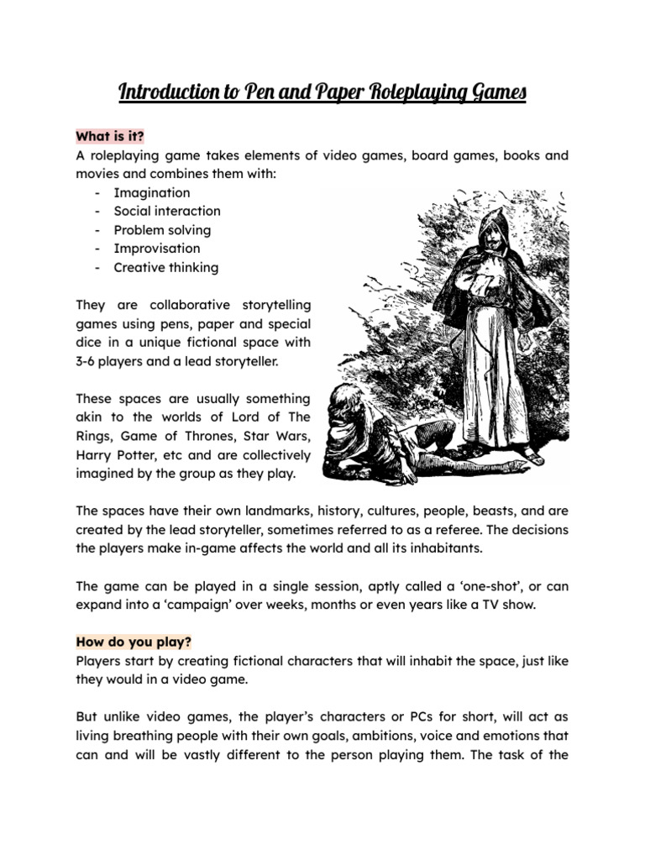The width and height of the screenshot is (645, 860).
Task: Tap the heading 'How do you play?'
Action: click(x=134, y=642)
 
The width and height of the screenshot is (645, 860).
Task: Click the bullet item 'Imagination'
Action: click(x=152, y=192)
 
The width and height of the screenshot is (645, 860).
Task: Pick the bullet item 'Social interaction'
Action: click(x=167, y=211)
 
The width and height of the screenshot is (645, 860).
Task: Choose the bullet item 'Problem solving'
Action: click(x=162, y=230)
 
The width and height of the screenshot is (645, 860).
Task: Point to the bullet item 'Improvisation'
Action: click(x=157, y=249)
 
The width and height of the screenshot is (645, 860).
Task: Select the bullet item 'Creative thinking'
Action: click(x=166, y=268)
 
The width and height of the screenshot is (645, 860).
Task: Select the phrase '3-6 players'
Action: click(x=113, y=361)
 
